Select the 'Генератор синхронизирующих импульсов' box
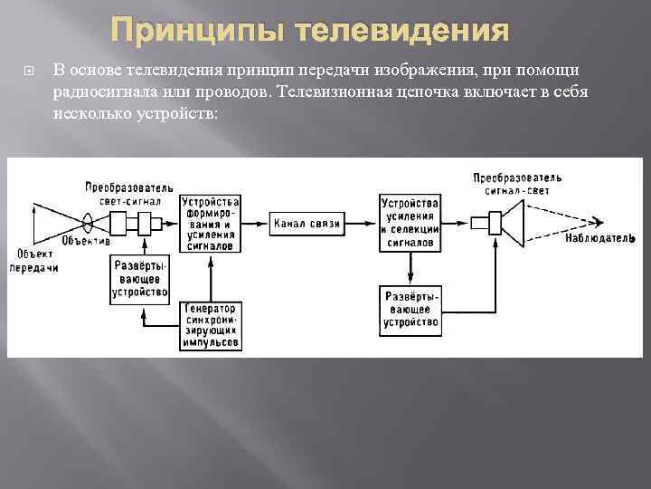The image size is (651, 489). (210, 325)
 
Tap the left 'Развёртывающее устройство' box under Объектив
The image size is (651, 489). (141, 279)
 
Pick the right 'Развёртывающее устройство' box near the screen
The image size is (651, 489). (410, 309)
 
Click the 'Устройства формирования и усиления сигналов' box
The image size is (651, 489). (210, 223)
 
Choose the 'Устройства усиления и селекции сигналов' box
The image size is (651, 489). (410, 223)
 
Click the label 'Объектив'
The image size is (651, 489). (87, 242)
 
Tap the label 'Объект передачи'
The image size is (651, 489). (34, 260)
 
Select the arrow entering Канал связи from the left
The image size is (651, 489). (255, 223)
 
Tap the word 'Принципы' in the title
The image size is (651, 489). (204, 33)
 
